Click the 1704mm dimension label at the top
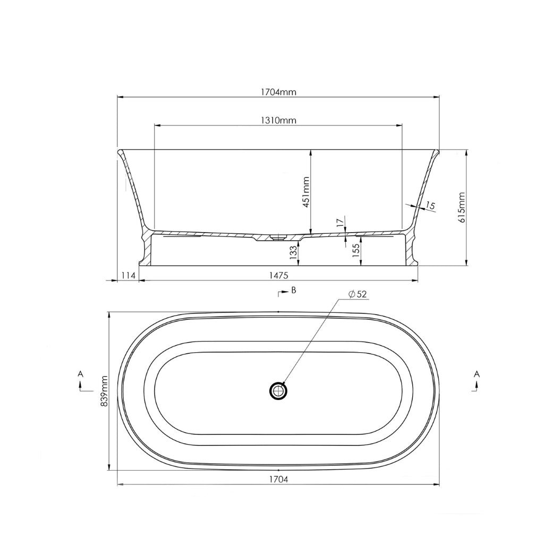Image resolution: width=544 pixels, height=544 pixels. [x=278, y=91]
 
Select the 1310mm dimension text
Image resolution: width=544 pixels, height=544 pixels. [x=278, y=120]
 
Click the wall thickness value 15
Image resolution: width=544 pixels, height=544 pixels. [x=430, y=206]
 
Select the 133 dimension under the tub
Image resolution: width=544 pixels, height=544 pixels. [x=293, y=252]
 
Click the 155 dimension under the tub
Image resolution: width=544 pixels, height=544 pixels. [x=356, y=250]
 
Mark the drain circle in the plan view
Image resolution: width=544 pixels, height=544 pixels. [x=278, y=391]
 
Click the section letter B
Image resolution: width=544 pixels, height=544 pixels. [x=293, y=291]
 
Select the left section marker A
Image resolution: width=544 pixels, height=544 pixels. [x=81, y=375]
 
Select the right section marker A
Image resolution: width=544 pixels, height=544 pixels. [x=477, y=375]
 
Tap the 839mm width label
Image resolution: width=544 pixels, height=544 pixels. [x=104, y=391]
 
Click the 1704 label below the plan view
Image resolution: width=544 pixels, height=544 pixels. [x=278, y=479]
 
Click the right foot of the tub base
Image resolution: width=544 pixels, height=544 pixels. [x=413, y=260]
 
